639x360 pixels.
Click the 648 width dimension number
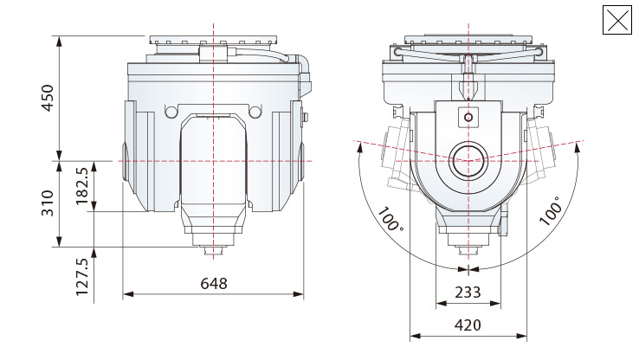pyautogui.click(x=214, y=284)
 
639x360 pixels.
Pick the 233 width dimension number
pyautogui.click(x=468, y=292)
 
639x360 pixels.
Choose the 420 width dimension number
pyautogui.click(x=468, y=325)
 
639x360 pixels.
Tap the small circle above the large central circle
pyautogui.click(x=468, y=117)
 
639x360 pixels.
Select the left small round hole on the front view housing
pyautogui.click(x=170, y=112)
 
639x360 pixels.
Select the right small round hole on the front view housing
pyautogui.click(x=255, y=112)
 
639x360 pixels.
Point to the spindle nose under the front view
pyautogui.click(x=212, y=252)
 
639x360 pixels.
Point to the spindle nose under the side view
pyautogui.click(x=468, y=252)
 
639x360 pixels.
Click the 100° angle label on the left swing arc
pyautogui.click(x=390, y=220)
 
